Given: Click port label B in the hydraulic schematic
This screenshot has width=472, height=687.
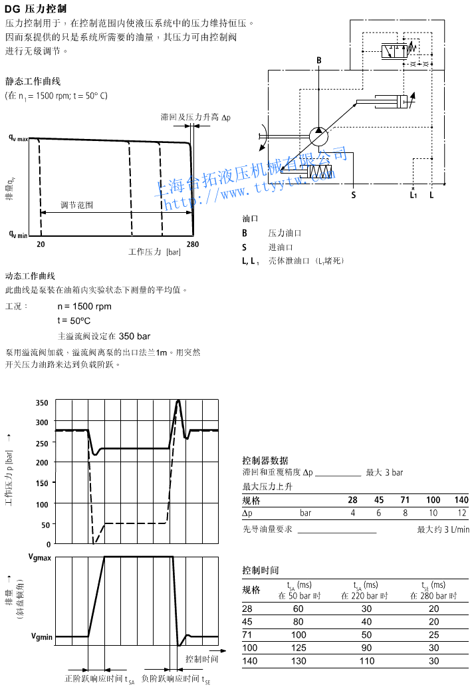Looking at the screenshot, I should pos(318,61).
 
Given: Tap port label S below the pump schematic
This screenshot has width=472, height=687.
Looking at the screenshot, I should pos(354,195).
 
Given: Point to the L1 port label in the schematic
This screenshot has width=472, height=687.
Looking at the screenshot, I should pos(413,195).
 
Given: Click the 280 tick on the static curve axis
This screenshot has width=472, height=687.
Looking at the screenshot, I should pos(192,245).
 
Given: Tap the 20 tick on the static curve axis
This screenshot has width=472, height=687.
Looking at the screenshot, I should pos(41,245).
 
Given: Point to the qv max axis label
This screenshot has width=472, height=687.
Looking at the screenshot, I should pos(18,138).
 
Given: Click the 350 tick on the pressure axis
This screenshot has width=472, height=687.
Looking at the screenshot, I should pos(43,403).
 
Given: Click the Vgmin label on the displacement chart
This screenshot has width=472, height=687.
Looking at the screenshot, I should pos(41,636).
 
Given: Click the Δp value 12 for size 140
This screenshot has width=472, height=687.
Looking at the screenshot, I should pos(462,513).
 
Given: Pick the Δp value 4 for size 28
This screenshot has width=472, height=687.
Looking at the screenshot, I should pos(353,513).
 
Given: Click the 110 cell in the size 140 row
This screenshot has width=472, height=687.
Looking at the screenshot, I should pos(367,660).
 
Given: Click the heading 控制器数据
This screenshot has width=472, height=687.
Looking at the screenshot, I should pos(265,460).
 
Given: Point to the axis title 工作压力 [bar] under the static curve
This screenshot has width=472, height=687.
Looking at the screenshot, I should pos(154,252).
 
